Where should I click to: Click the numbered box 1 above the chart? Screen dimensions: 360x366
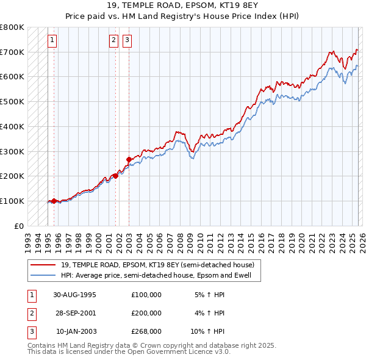52,41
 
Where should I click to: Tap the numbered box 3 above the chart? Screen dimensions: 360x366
127,41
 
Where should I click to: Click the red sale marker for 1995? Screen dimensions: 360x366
54,201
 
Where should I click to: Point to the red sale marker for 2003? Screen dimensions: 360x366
129,159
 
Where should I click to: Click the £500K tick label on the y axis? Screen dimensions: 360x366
12,102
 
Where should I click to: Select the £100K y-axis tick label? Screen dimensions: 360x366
12,201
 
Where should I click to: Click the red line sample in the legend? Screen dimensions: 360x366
44,264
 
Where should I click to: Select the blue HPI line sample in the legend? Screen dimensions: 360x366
44,275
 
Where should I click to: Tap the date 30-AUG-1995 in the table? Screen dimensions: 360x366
75,295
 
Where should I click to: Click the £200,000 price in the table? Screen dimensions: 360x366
146,313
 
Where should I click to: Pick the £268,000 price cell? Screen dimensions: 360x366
146,331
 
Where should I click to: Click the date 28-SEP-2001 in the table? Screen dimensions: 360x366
75,313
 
